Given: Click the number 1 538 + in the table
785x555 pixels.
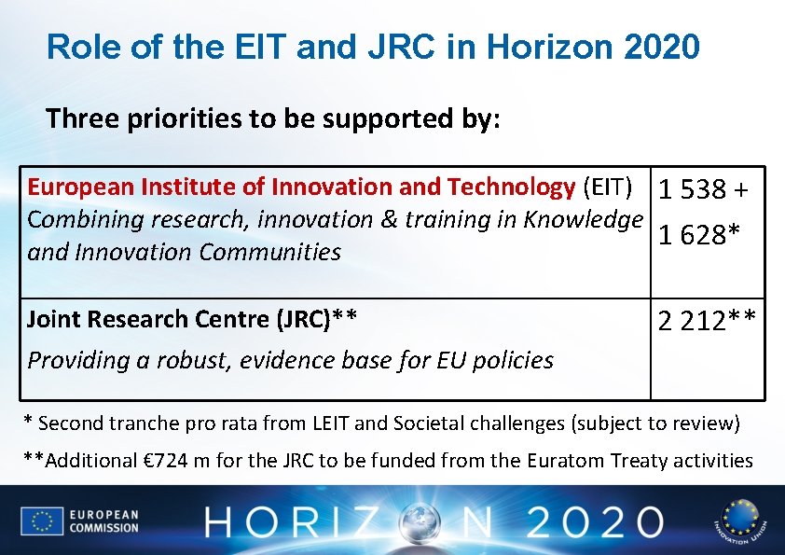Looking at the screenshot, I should pyautogui.click(x=704, y=189).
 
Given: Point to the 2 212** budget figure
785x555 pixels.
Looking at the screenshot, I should pyautogui.click(x=707, y=322).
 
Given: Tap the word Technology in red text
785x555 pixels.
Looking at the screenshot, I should pyautogui.click(x=511, y=187).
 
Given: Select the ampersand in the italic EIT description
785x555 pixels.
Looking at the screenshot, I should pyautogui.click(x=387, y=219).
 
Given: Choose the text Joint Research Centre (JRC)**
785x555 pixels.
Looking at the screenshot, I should pyautogui.click(x=192, y=319).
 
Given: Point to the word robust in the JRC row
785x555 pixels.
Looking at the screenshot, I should pyautogui.click(x=194, y=360).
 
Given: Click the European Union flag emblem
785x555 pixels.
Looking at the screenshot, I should pyautogui.click(x=42, y=520).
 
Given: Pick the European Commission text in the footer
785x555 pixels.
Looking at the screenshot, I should pyautogui.click(x=103, y=520).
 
